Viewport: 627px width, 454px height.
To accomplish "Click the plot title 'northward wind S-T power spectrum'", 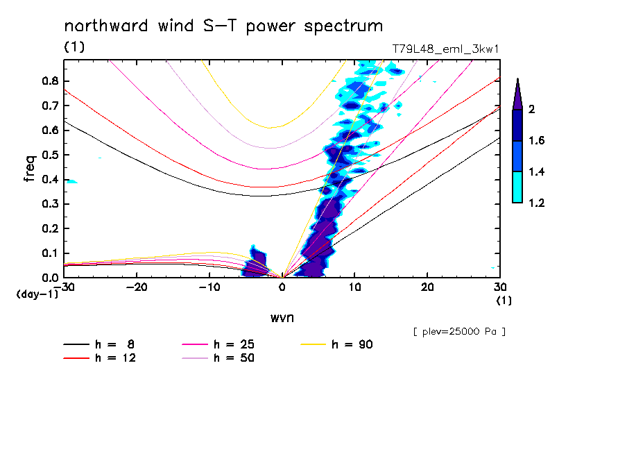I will [x=223, y=26].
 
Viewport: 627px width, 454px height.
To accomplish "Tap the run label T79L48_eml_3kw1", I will [x=446, y=49].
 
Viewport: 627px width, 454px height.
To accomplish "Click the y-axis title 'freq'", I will [x=29, y=168].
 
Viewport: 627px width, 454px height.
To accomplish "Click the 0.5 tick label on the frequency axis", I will [x=49, y=154].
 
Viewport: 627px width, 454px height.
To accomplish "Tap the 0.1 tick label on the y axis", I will [x=49, y=253].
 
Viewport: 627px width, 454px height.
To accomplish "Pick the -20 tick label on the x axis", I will [x=136, y=287].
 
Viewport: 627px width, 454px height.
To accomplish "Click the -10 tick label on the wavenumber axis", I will [x=209, y=287].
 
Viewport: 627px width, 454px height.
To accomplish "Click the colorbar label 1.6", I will [x=536, y=141].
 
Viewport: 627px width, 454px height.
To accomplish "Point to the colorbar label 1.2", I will [x=536, y=203].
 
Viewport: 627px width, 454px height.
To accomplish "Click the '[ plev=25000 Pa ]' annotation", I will [x=459, y=332].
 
